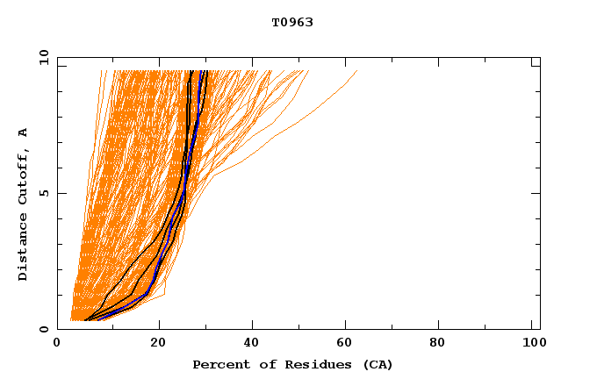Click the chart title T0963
click(x=292, y=23)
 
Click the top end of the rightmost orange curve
click(x=357, y=71)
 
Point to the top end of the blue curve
click(x=203, y=71)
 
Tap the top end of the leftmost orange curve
click(x=101, y=71)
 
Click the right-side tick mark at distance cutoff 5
click(x=536, y=193)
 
